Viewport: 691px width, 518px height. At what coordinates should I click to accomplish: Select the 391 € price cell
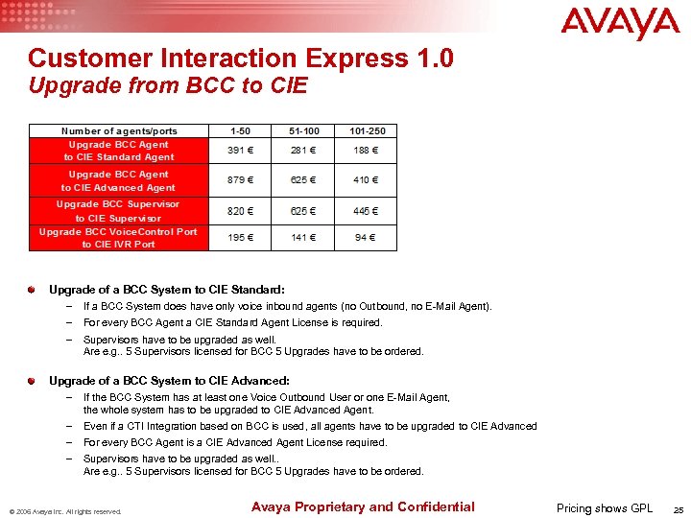point(242,150)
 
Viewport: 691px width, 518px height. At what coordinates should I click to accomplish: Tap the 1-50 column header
point(242,130)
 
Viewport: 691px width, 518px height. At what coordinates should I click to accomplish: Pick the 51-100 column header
point(303,130)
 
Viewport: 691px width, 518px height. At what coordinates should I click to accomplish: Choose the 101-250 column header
point(367,130)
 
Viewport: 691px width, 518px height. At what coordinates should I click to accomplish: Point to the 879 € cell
point(242,179)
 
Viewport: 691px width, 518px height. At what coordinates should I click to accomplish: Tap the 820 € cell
point(242,211)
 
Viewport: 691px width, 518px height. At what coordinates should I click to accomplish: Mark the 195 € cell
point(242,238)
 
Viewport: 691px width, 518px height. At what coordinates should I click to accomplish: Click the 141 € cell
point(303,238)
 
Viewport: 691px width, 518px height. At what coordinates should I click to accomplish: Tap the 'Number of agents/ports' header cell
point(118,130)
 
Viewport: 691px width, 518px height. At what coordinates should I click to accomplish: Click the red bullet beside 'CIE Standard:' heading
point(32,289)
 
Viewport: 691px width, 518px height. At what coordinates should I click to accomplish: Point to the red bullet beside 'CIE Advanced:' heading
point(32,381)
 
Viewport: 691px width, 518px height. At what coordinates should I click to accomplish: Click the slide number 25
point(678,509)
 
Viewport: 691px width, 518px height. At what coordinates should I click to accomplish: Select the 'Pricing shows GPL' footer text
point(605,508)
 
